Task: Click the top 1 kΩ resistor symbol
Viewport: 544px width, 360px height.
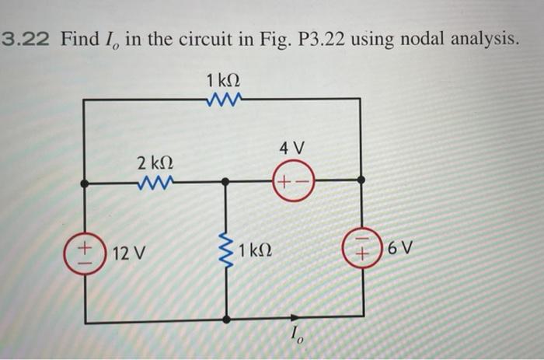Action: pos(225,99)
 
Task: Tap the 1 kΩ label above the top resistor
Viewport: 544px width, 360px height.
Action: pos(224,79)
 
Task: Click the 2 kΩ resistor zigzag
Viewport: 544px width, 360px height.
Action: pos(154,184)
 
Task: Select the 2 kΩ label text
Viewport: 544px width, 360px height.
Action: pos(154,165)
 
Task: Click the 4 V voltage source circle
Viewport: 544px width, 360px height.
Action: pos(292,183)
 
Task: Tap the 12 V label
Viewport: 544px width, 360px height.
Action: pos(127,253)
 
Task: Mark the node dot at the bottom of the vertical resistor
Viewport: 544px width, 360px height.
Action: pos(225,319)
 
